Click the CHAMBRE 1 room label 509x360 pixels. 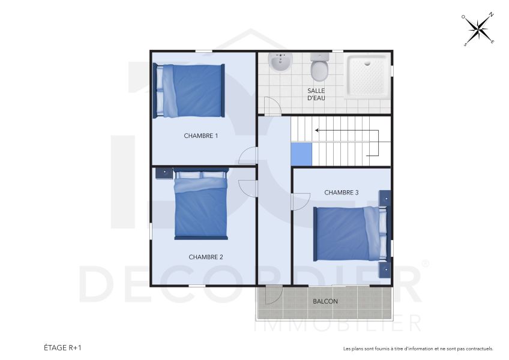[x=200, y=136]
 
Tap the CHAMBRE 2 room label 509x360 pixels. [x=206, y=257]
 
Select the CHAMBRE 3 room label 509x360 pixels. [x=341, y=193]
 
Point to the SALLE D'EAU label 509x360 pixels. [x=316, y=94]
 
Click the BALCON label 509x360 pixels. [x=325, y=301]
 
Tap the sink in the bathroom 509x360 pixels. [x=280, y=62]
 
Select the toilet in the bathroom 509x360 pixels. [x=319, y=67]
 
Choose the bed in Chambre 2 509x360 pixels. [x=200, y=205]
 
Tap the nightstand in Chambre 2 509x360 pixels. [x=163, y=173]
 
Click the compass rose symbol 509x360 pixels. [x=478, y=29]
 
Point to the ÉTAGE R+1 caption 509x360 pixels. [x=62, y=347]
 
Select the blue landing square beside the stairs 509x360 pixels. [x=302, y=154]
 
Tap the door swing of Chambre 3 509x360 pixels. [x=298, y=201]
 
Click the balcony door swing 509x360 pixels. [x=273, y=295]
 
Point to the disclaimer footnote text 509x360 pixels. [x=418, y=348]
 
